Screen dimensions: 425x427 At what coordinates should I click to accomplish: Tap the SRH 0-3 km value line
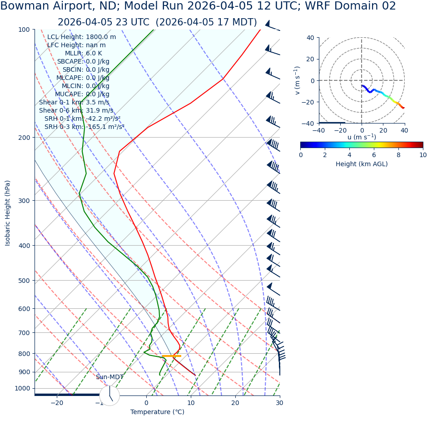pos(84,127)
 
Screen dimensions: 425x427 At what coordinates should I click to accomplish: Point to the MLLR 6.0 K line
pos(83,54)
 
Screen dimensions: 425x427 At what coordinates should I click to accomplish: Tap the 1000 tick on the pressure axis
pos(22,388)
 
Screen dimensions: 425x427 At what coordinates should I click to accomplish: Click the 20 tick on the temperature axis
pos(235,403)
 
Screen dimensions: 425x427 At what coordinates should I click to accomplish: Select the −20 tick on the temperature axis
pos(56,403)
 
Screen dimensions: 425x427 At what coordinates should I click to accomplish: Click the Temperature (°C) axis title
pos(157,412)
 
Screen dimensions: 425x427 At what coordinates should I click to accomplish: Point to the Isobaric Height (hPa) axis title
pos(8,213)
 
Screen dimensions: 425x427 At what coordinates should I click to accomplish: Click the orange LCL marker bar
pos(172,356)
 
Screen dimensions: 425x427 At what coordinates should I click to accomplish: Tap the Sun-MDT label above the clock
pos(109,377)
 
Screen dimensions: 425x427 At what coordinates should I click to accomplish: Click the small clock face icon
pos(109,395)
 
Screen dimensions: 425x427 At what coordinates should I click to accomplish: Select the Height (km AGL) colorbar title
pos(362,164)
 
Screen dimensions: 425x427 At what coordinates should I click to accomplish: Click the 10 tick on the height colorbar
pos(423,155)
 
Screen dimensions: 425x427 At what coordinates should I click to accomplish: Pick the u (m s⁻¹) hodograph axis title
pos(362,137)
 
